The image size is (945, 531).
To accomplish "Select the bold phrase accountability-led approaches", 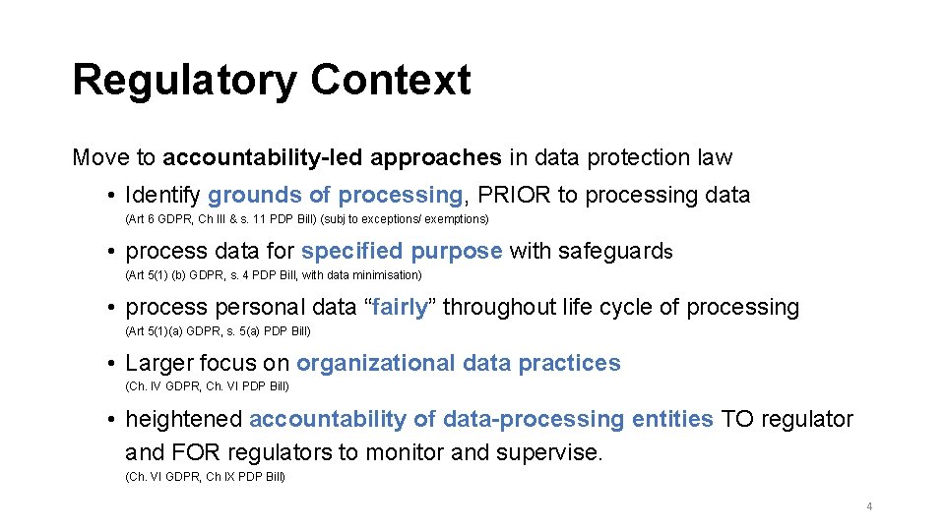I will click(x=332, y=157).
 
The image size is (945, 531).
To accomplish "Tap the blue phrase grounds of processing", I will click(x=335, y=195).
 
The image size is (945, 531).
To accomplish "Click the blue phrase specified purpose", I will click(x=402, y=251).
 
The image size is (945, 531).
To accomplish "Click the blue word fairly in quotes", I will click(x=401, y=307).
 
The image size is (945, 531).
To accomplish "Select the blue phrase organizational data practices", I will click(x=459, y=363).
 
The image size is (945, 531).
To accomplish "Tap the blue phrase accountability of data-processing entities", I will click(x=481, y=419).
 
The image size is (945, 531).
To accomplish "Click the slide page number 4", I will click(x=869, y=506).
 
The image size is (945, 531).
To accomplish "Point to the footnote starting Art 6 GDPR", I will click(x=307, y=218).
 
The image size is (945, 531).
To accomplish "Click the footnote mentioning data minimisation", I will click(x=274, y=274).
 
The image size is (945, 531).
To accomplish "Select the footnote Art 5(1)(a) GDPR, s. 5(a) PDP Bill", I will click(x=218, y=330).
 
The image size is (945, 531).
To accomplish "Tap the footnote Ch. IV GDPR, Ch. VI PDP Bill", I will click(x=207, y=386).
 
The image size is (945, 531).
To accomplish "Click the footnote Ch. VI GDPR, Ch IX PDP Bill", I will click(x=205, y=477).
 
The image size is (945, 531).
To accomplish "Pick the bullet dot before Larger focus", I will click(x=114, y=364).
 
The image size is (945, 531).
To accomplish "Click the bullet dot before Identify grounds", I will click(x=114, y=196).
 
